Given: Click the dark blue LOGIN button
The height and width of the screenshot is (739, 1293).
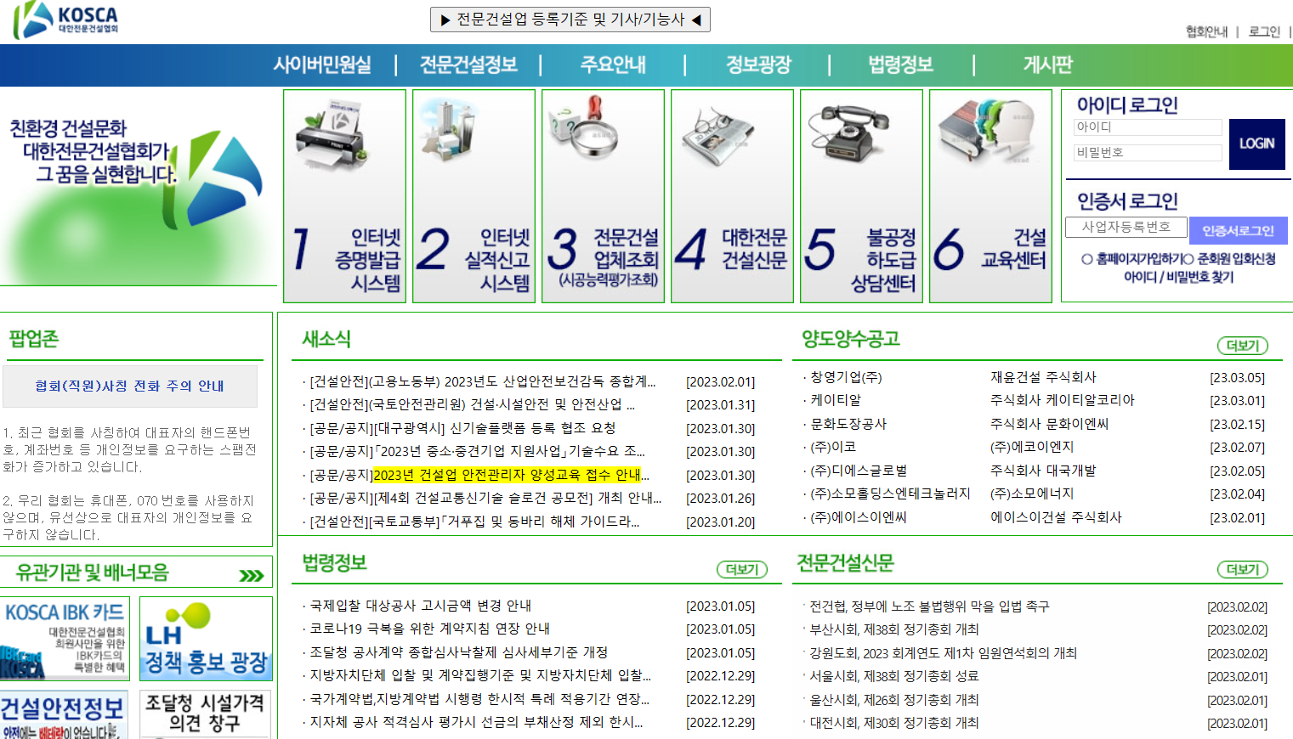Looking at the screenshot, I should tap(1256, 144).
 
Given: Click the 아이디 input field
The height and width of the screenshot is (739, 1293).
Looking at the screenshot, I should tap(1147, 127).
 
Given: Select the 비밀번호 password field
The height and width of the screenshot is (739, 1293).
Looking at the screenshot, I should tap(1147, 153).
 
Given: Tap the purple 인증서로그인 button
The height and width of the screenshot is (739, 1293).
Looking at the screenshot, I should tap(1238, 230).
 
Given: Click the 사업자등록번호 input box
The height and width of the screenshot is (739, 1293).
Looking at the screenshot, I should tap(1126, 227).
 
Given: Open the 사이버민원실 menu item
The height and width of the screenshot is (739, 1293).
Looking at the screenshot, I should tap(322, 65).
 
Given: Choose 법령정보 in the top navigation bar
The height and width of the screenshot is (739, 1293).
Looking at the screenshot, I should tap(900, 65).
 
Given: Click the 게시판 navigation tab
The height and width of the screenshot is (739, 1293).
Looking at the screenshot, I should tap(1047, 65).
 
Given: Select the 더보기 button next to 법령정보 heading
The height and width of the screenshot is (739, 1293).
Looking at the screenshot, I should tap(741, 569).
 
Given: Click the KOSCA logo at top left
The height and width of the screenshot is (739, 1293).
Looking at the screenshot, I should tap(66, 20).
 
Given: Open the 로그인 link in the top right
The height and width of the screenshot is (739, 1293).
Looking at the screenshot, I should tap(1264, 32).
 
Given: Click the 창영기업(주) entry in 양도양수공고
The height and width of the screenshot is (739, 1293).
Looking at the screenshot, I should tap(846, 377).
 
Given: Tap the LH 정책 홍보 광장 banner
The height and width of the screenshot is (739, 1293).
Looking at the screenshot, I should tap(206, 639).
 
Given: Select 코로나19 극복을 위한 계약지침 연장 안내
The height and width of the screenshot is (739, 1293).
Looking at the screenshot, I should tap(429, 629).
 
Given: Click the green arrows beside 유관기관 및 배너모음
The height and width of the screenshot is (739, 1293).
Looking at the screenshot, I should tap(252, 575).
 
